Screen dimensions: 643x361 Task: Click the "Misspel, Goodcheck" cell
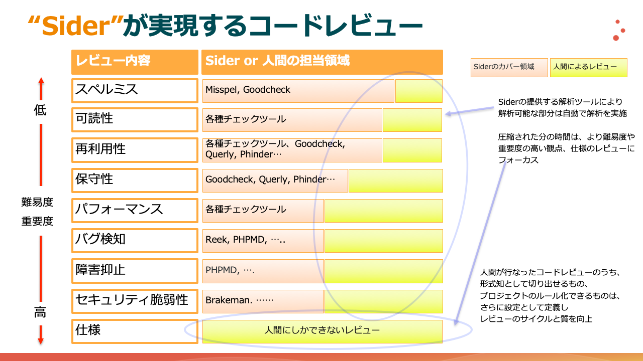[298, 91]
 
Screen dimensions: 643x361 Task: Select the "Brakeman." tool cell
[263, 301]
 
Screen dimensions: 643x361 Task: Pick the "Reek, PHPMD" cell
[263, 241]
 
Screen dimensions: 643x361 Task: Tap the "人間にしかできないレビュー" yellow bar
[323, 331]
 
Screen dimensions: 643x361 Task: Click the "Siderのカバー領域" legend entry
[509, 68]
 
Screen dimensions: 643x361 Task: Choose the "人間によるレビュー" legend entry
[588, 68]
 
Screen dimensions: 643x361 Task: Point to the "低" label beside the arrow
[40, 110]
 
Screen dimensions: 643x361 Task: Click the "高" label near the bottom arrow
[40, 312]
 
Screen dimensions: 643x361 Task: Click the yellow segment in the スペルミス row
[419, 91]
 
